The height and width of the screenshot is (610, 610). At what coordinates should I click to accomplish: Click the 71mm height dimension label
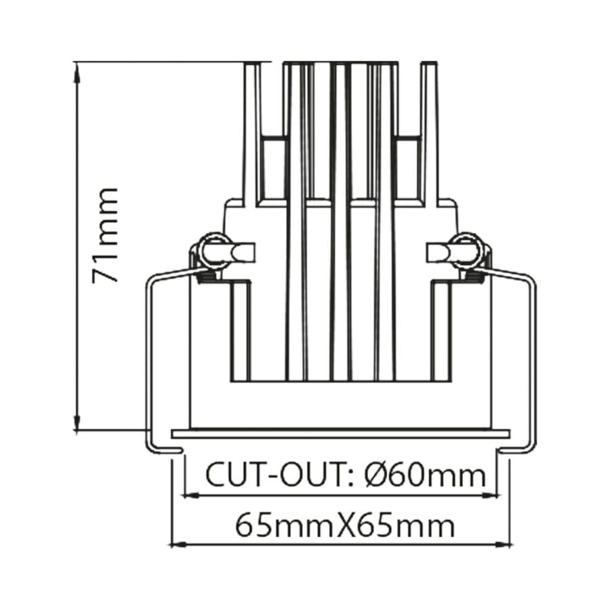point(105,235)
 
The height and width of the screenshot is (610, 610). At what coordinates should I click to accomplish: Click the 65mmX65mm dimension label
point(344,525)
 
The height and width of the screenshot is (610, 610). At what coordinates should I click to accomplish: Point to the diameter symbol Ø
point(375,475)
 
